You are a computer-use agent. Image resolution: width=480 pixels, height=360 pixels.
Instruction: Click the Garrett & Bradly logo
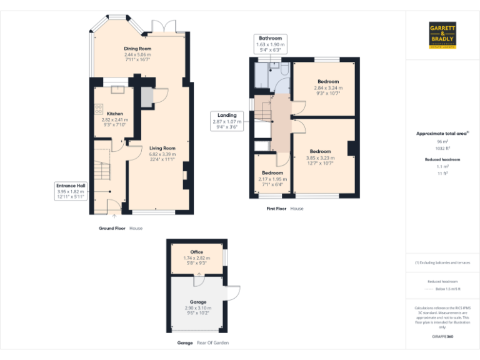[442, 35]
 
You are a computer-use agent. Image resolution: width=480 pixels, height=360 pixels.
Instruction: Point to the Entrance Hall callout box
[71, 191]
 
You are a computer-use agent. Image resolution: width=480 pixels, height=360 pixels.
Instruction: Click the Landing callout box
[227, 121]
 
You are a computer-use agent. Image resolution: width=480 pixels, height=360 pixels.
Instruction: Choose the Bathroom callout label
[270, 44]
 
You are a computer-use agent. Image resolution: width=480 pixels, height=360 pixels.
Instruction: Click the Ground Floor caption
[112, 229]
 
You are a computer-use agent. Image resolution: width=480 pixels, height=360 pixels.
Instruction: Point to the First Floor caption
[276, 209]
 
